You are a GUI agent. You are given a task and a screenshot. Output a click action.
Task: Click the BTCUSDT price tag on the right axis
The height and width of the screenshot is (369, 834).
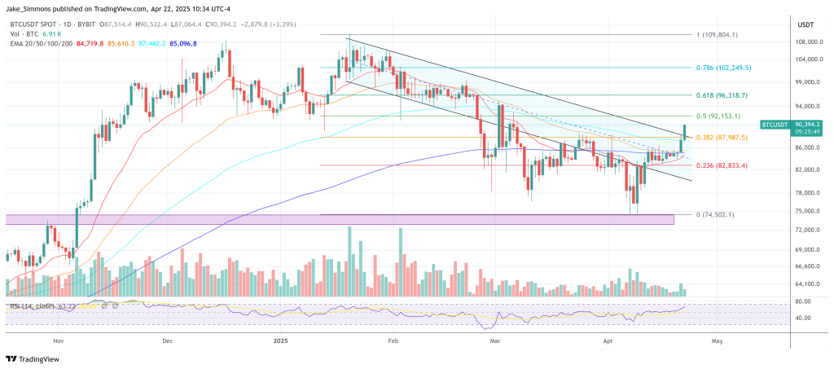[775, 125]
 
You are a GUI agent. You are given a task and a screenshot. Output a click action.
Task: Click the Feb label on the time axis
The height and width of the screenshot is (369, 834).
[393, 343]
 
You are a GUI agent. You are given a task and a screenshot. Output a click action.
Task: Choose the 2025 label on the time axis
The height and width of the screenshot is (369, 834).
[281, 343]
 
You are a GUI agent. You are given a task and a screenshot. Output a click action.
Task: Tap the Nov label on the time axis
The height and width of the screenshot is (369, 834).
[57, 343]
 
